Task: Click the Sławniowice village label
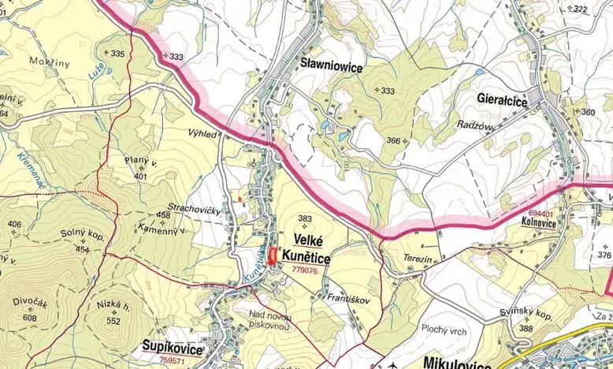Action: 331,68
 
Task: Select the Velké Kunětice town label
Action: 310,248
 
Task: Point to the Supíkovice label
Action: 173,347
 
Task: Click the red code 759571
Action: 172,360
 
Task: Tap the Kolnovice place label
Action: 539,223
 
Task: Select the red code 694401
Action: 541,213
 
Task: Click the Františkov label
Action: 347,298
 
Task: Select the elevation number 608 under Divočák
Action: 30,317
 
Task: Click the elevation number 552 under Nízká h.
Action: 113,321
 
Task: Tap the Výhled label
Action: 202,134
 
